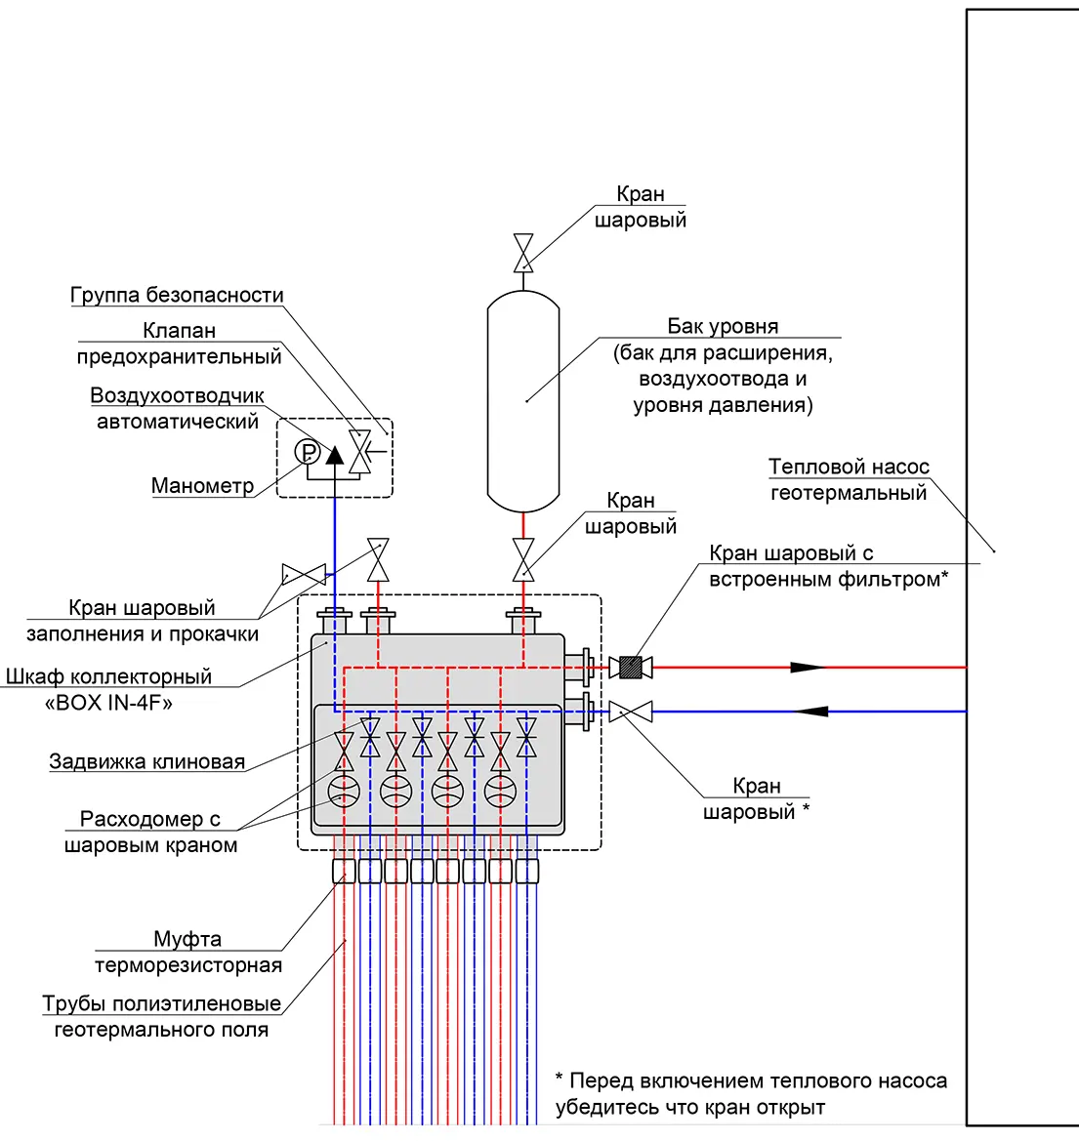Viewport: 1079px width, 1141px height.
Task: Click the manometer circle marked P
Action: pyautogui.click(x=308, y=453)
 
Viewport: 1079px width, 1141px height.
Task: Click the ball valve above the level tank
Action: pyautogui.click(x=523, y=253)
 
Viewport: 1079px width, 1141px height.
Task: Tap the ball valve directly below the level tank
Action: pyautogui.click(x=523, y=559)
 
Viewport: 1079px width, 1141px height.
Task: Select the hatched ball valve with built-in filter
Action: pyautogui.click(x=631, y=668)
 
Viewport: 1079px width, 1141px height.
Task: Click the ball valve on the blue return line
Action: pyautogui.click(x=631, y=712)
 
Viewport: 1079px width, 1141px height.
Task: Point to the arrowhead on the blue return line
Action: pyautogui.click(x=811, y=712)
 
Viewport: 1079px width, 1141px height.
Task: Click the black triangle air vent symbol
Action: pyautogui.click(x=334, y=456)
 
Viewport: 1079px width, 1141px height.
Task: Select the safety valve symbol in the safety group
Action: pyautogui.click(x=360, y=452)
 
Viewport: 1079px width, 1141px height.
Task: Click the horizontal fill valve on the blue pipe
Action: pyautogui.click(x=305, y=574)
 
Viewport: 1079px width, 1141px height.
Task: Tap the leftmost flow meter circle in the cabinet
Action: pyautogui.click(x=344, y=792)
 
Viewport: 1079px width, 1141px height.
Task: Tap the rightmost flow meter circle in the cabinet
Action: pyautogui.click(x=501, y=792)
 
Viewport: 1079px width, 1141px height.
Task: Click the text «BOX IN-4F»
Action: pyautogui.click(x=108, y=703)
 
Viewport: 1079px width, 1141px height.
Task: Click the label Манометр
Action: pyautogui.click(x=202, y=485)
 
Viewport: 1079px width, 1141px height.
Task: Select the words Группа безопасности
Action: pyautogui.click(x=177, y=295)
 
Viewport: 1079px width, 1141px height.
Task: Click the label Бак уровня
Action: pyautogui.click(x=723, y=326)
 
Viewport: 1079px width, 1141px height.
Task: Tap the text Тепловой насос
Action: pyautogui.click(x=849, y=467)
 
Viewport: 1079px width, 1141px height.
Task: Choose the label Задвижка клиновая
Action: pyautogui.click(x=147, y=762)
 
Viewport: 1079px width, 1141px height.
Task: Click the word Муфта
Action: pyautogui.click(x=187, y=939)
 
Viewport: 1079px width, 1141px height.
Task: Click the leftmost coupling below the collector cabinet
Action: pyautogui.click(x=344, y=871)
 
